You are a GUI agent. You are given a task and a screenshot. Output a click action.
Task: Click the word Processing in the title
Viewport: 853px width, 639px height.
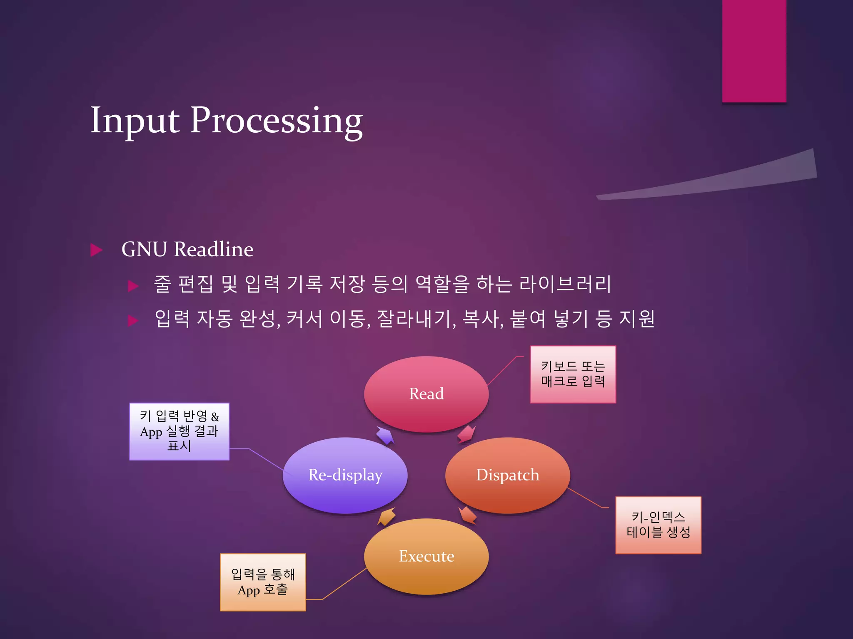(276, 121)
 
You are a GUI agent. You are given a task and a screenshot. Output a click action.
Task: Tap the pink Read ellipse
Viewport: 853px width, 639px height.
(426, 394)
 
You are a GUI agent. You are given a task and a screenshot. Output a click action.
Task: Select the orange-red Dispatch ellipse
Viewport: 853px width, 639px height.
(507, 475)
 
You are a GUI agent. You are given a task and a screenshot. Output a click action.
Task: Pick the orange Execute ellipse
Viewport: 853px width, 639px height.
(426, 556)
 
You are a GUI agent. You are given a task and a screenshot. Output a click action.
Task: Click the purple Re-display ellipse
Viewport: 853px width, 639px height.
(345, 475)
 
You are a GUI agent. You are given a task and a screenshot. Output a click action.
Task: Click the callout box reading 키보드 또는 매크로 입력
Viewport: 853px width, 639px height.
(573, 374)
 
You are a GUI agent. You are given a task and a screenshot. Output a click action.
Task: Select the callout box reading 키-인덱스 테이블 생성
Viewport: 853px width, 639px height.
(658, 525)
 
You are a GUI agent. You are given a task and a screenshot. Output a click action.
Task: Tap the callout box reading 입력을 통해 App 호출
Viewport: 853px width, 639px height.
(263, 582)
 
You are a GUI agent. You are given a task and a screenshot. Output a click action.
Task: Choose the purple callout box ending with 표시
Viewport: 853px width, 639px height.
(179, 431)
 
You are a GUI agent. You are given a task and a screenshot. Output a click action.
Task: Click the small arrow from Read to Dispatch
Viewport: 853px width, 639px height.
(466, 434)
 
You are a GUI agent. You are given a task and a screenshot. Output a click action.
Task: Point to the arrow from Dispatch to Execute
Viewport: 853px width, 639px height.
(468, 515)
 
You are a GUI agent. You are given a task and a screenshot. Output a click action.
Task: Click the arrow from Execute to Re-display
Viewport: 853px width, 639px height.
(387, 517)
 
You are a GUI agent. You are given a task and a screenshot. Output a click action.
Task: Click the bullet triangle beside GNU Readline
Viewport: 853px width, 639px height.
(96, 250)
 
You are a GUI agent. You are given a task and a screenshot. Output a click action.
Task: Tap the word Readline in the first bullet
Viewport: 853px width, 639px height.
(213, 250)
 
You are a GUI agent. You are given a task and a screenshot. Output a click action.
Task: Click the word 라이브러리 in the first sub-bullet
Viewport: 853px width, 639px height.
(565, 285)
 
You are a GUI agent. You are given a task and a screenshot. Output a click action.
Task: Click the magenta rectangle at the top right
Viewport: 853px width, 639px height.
(754, 50)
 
